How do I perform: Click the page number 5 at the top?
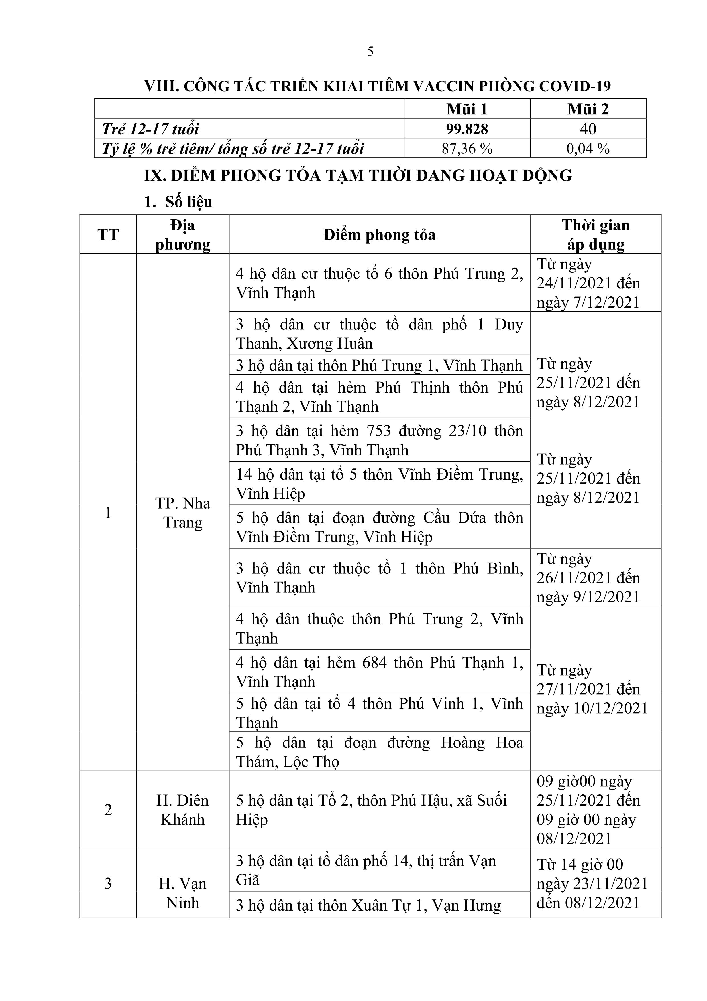coord(370,52)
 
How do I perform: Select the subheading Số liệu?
coord(189,202)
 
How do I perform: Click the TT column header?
coord(108,234)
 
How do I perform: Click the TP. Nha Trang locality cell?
coord(183,513)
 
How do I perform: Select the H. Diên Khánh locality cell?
coord(183,810)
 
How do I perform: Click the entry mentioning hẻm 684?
coord(379,672)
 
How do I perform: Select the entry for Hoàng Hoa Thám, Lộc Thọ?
coord(379,752)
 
